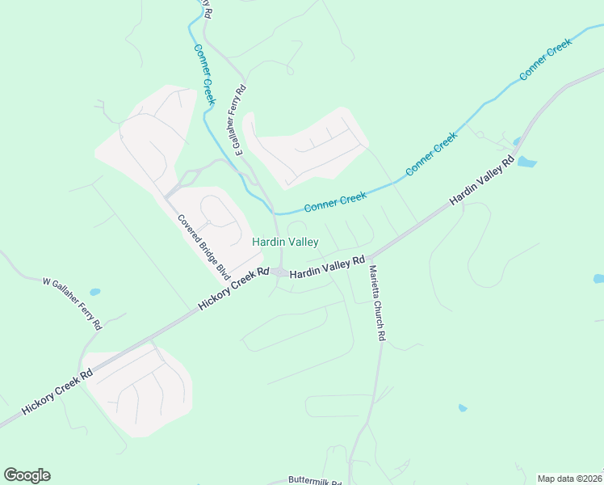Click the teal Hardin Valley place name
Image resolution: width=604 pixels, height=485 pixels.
(285, 242)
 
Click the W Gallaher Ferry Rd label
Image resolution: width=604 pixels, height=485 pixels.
(72, 304)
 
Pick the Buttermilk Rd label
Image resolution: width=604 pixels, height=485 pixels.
(315, 480)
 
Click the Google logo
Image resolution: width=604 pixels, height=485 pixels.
(27, 475)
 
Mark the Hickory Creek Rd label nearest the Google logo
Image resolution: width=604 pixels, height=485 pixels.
(57, 394)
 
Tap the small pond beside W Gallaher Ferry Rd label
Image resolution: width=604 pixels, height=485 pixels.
(95, 292)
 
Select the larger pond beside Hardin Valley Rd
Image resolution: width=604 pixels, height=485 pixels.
(526, 162)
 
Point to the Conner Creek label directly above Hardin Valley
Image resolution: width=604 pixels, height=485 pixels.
(335, 200)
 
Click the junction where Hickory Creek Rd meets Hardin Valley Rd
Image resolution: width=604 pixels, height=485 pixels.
(279, 272)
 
